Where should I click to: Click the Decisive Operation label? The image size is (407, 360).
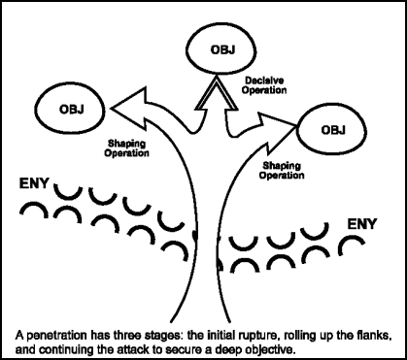click(265, 84)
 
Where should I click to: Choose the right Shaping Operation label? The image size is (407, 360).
click(289, 170)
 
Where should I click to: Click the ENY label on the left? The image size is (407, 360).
click(34, 181)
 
